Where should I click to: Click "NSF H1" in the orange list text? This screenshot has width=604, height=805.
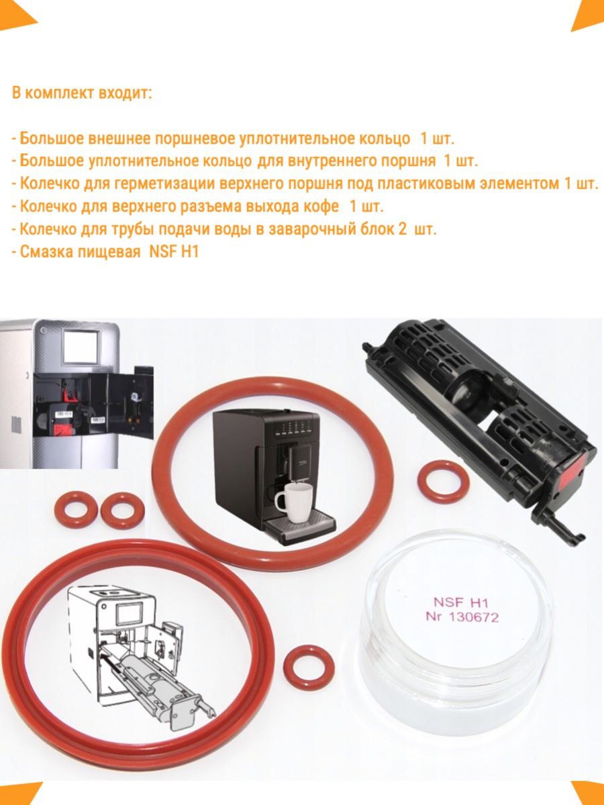point(174,252)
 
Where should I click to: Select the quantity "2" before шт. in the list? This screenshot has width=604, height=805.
point(402,229)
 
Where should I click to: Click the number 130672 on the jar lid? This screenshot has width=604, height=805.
point(474,617)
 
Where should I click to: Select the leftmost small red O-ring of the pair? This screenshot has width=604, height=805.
point(76,510)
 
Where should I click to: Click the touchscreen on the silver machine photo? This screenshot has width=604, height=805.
point(81,347)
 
